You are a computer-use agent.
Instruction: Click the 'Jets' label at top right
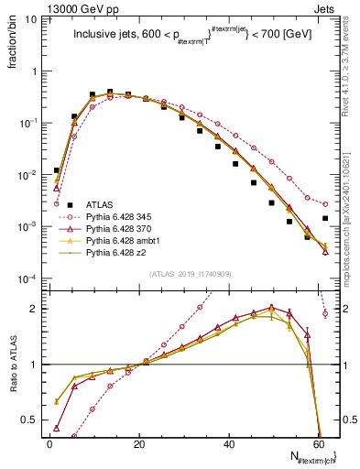325,7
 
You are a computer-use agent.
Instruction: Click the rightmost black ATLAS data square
326,218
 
